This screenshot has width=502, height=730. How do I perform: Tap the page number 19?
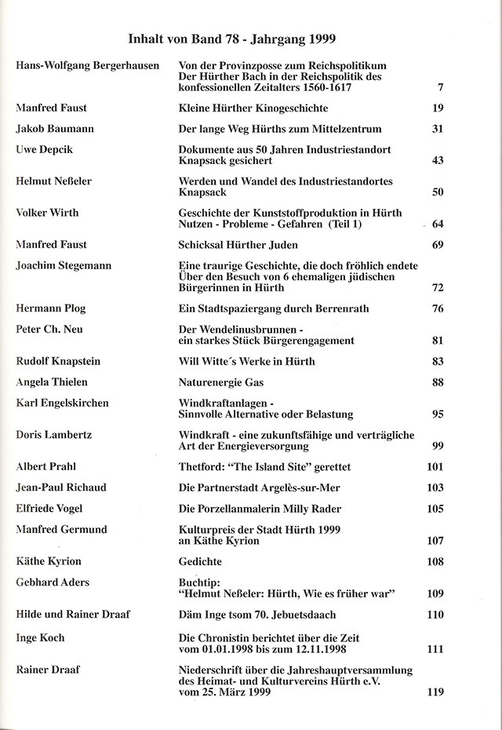click(x=438, y=108)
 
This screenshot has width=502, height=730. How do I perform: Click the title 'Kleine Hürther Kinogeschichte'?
click(x=253, y=108)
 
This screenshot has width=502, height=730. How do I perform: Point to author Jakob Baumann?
click(x=53, y=128)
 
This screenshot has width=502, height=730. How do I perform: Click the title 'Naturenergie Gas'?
click(x=221, y=382)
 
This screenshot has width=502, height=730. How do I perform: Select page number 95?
click(x=438, y=414)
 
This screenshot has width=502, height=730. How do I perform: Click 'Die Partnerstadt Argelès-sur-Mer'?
click(x=260, y=487)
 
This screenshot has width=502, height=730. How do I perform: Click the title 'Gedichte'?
click(x=201, y=562)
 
